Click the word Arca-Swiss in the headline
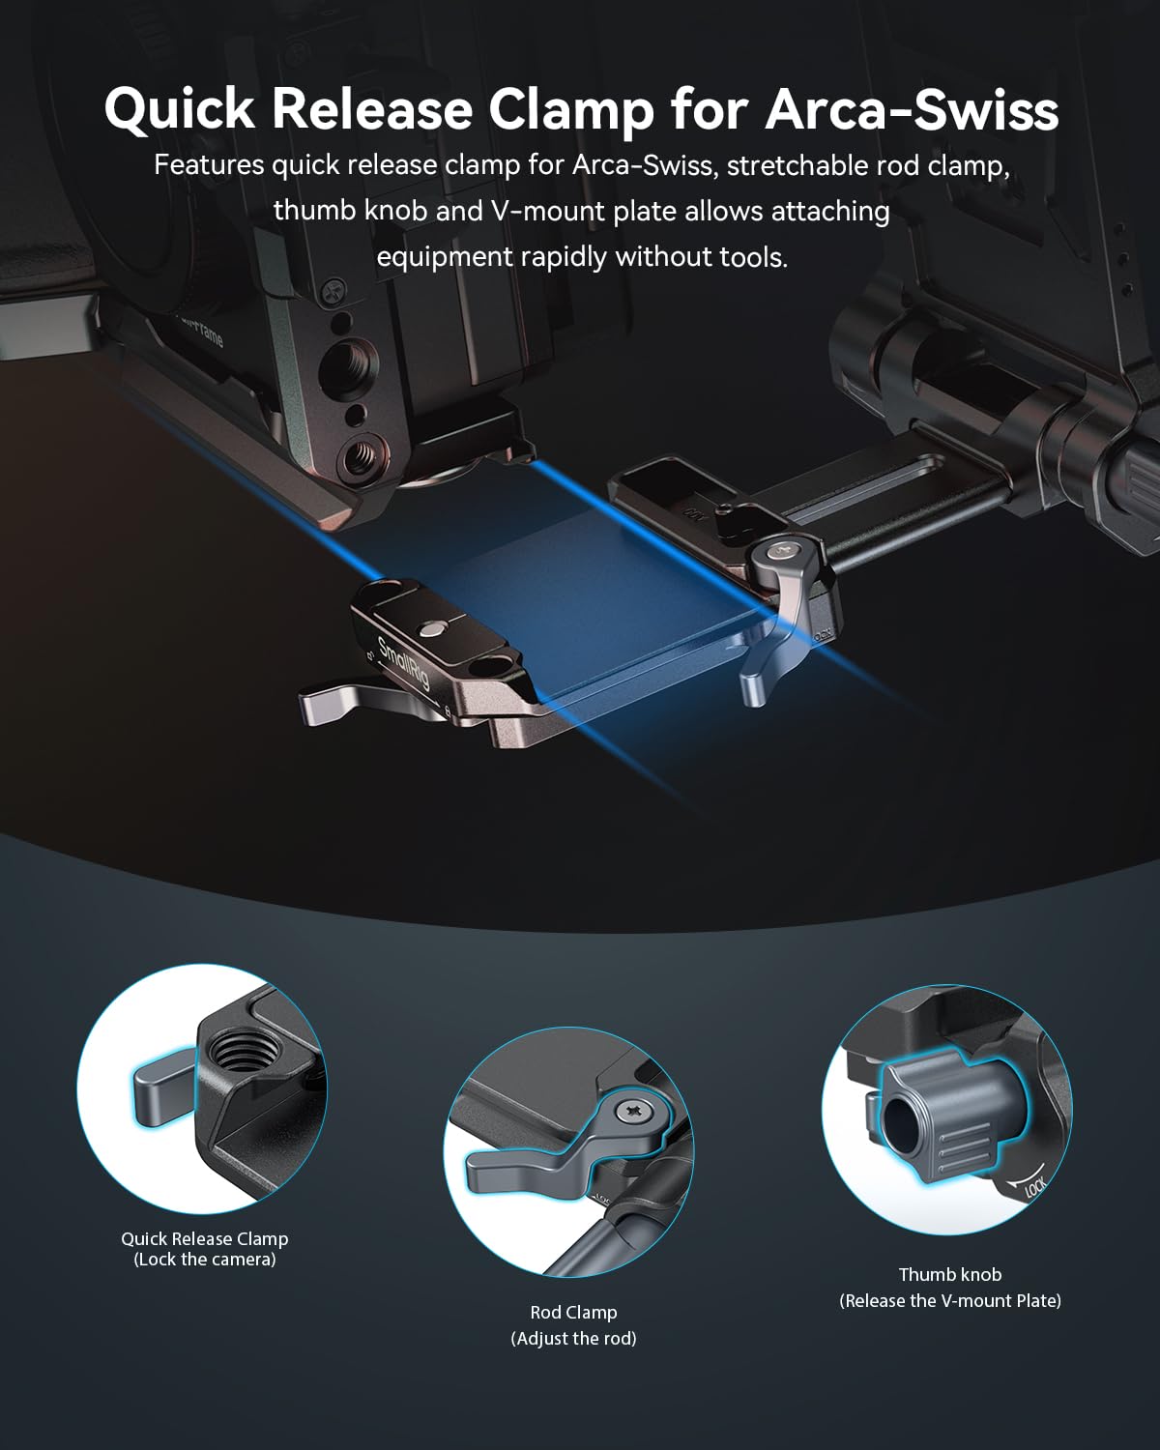[x=911, y=109]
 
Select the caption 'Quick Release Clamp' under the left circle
[x=204, y=1238]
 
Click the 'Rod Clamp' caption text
[x=573, y=1312]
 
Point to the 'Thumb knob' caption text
[x=949, y=1274]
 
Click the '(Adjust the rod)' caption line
[x=573, y=1338]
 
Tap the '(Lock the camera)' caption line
[x=204, y=1260]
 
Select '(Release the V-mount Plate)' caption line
[x=949, y=1300]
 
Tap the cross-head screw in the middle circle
[x=636, y=1113]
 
